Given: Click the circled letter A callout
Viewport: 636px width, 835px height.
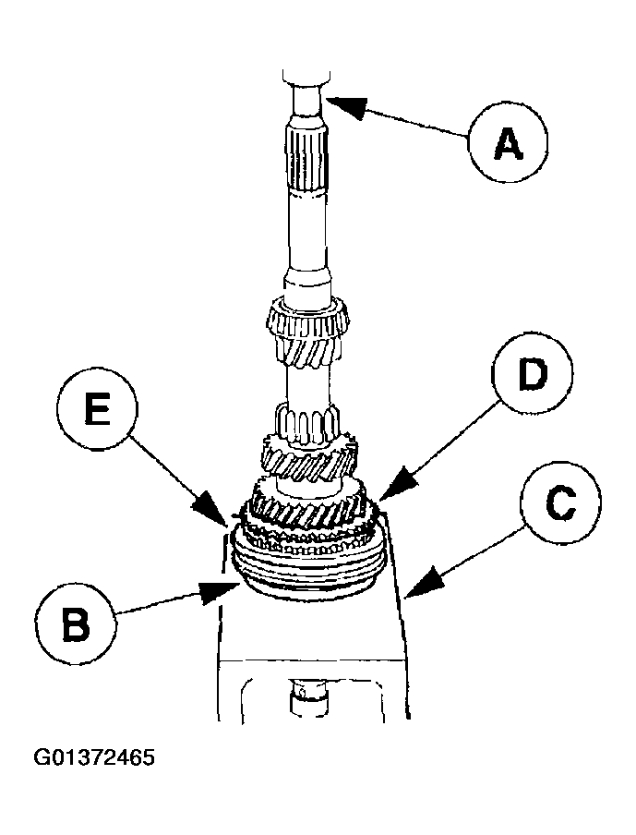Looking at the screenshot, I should (507, 140).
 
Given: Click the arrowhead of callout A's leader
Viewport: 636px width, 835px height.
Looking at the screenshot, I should (327, 101).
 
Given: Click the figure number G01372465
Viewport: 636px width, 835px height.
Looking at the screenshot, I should (94, 758).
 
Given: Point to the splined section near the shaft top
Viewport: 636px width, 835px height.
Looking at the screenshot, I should (306, 160).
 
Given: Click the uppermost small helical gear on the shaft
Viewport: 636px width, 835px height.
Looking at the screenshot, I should (307, 333).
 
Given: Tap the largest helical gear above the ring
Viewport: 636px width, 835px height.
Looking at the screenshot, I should (308, 511).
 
